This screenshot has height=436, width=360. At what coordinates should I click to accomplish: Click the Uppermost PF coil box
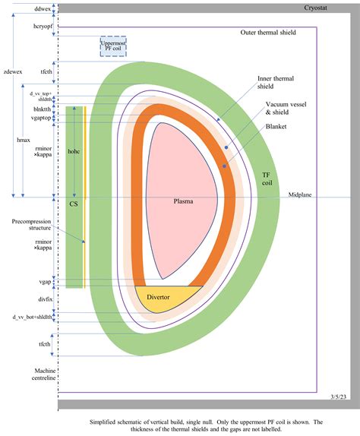tap(113, 46)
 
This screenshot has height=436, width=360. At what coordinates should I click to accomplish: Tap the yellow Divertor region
tap(164, 298)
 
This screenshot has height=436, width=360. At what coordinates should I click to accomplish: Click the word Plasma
tap(183, 201)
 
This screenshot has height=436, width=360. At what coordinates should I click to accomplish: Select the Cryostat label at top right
tap(315, 8)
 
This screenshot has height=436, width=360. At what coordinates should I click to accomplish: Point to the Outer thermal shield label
tap(268, 32)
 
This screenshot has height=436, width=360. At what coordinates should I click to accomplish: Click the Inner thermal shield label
tap(275, 82)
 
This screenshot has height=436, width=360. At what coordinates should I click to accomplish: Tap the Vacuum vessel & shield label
tap(286, 108)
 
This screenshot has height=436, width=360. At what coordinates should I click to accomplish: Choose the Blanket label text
tap(276, 127)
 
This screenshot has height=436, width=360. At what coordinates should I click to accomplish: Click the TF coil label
tap(267, 179)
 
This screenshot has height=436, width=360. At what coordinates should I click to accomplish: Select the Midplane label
tap(300, 194)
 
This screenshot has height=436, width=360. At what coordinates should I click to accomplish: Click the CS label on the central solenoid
tap(74, 204)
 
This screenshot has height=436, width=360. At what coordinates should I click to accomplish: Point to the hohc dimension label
tap(74, 152)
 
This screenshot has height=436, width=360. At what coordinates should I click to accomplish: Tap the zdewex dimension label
tap(13, 71)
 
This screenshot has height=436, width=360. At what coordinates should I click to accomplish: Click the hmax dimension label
tap(24, 140)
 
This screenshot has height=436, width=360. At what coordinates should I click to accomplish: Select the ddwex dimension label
tap(43, 8)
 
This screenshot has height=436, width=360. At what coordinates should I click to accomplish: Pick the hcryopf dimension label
tap(43, 26)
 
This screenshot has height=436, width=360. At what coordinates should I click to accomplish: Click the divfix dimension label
tap(46, 299)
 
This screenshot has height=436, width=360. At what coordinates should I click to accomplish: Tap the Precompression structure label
tap(31, 225)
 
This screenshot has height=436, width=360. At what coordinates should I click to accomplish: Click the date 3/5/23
tap(338, 397)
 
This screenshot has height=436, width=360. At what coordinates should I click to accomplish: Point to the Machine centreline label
tap(45, 374)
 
